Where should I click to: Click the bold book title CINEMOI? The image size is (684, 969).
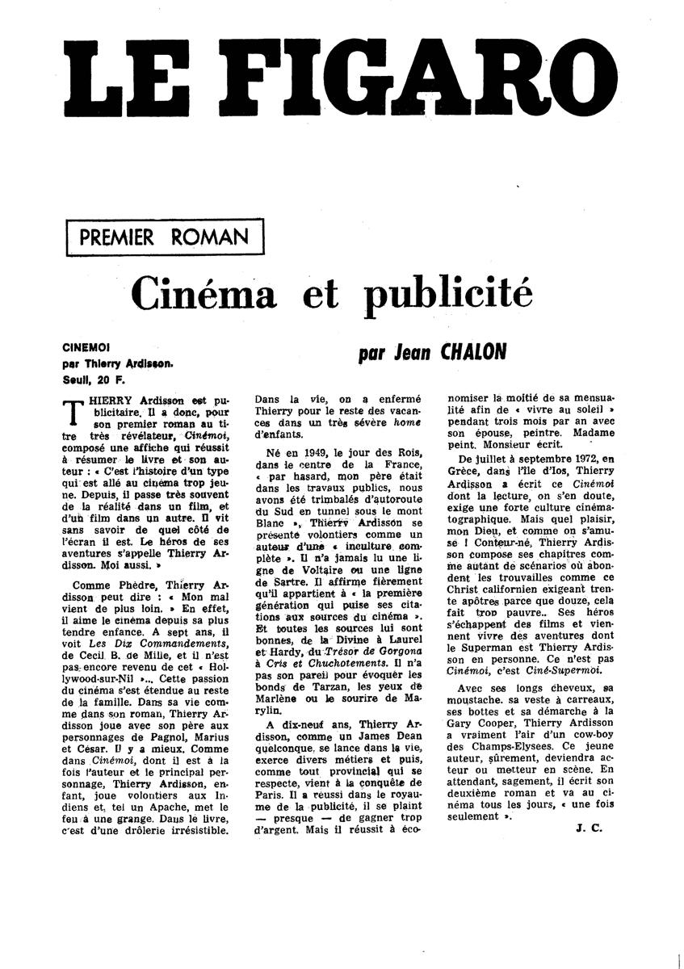(x=88, y=346)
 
